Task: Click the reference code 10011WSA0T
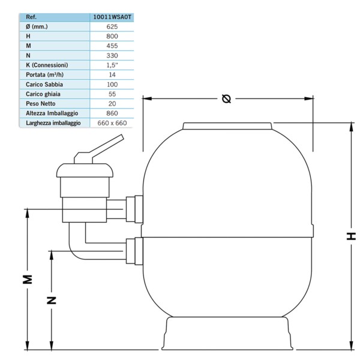[112, 17]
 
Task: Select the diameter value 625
[112, 26]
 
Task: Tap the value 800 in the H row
[112, 36]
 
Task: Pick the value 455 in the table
[112, 46]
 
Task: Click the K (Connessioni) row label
[47, 65]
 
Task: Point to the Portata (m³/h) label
[44, 75]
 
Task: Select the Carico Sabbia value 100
[112, 85]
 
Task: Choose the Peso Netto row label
[40, 104]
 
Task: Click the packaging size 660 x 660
[112, 123]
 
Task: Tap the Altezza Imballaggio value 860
[112, 113]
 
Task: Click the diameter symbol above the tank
[226, 99]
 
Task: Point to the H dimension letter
[351, 236]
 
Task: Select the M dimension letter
[28, 279]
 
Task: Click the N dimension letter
[52, 301]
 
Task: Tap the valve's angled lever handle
[99, 149]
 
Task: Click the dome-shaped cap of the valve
[85, 170]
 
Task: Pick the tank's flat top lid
[227, 126]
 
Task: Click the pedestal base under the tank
[227, 334]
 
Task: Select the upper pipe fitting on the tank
[134, 209]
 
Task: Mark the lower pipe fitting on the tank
[134, 251]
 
